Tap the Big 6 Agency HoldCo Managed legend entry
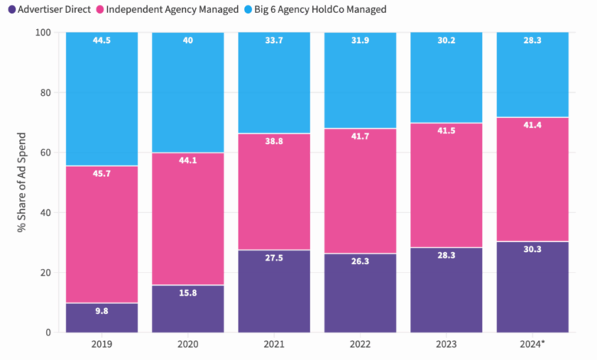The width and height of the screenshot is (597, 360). click(x=321, y=9)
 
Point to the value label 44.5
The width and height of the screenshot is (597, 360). click(x=102, y=41)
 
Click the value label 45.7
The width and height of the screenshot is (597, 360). click(x=102, y=175)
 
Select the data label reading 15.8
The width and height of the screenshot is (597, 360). click(x=188, y=294)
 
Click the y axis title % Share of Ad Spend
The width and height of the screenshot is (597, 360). click(x=22, y=182)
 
